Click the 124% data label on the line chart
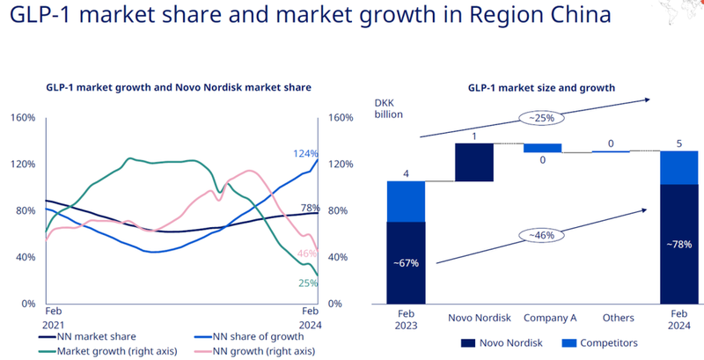click(305, 153)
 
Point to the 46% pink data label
click(307, 253)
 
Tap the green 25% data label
click(307, 283)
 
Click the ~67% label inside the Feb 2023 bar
click(406, 262)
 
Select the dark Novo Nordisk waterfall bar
click(474, 162)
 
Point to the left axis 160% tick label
click(22, 117)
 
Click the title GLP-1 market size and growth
click(540, 87)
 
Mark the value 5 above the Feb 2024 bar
click(678, 143)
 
